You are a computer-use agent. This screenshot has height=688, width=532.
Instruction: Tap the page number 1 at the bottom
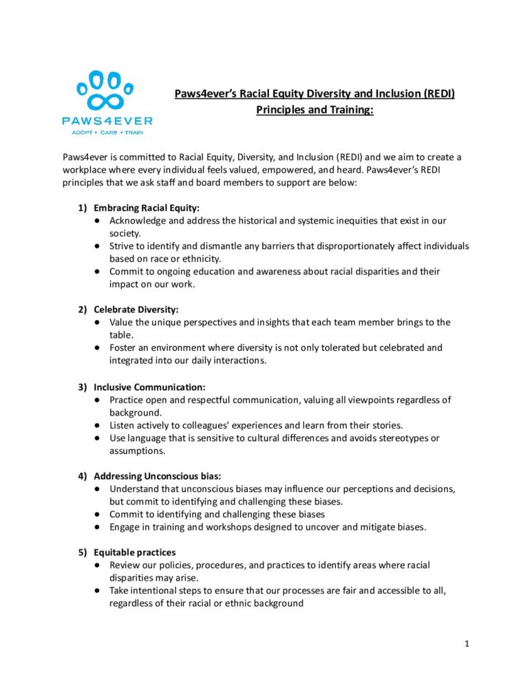[466, 644]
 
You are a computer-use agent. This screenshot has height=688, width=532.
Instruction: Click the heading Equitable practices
[134, 552]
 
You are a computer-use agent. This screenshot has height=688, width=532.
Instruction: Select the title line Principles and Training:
[315, 109]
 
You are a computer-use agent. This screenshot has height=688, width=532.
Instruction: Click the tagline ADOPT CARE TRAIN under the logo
[106, 131]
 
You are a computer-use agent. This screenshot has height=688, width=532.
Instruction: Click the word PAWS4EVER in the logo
[106, 120]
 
